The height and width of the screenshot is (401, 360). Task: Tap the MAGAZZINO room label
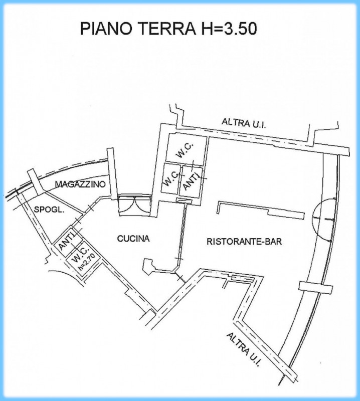pyautogui.click(x=80, y=184)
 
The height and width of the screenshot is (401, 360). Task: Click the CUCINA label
pyautogui.click(x=133, y=240)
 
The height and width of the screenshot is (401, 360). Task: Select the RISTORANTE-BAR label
pyautogui.click(x=244, y=241)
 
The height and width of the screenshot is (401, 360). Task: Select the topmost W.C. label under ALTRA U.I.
pyautogui.click(x=184, y=148)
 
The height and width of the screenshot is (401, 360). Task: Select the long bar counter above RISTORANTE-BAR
pyautogui.click(x=261, y=209)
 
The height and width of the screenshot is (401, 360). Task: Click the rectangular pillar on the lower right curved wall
pyautogui.click(x=311, y=286)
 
